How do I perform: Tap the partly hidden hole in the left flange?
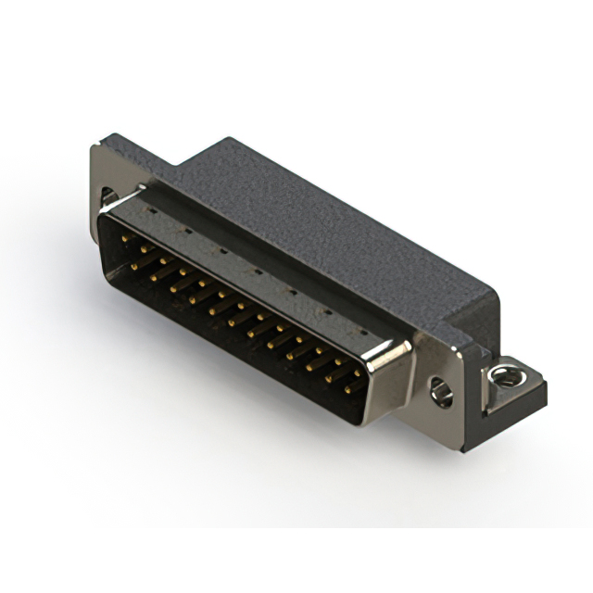coord(108,196)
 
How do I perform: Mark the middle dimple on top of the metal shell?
coord(257,270)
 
